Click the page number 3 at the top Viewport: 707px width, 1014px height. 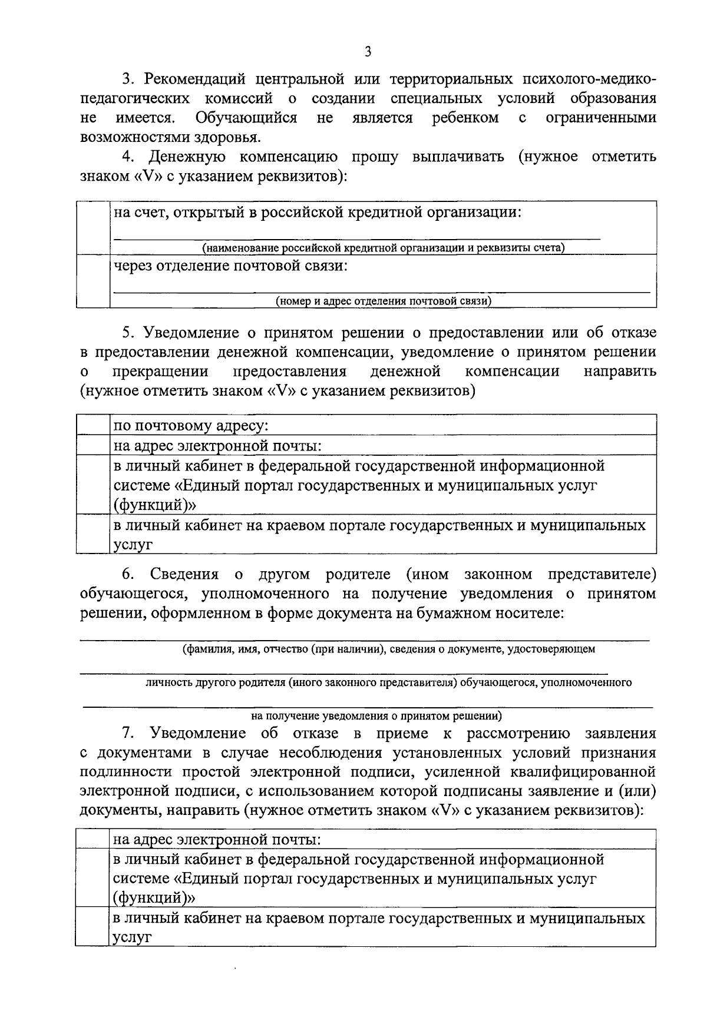pos(368,52)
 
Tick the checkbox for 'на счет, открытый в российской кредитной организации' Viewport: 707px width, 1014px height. pos(93,227)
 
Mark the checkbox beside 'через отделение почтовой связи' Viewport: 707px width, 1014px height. pos(93,281)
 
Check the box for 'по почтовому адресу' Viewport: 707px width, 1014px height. pos(93,425)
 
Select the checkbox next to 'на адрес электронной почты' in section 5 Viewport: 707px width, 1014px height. pos(93,445)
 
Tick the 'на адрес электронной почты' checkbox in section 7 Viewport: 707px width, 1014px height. pos(93,839)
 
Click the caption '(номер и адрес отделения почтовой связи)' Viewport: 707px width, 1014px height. pos(384,301)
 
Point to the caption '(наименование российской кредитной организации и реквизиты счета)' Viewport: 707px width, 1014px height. pos(384,248)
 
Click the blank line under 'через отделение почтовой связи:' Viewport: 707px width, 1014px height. pos(382,291)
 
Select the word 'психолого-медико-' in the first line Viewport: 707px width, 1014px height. pos(589,79)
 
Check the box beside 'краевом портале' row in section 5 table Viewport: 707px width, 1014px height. pos(93,534)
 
